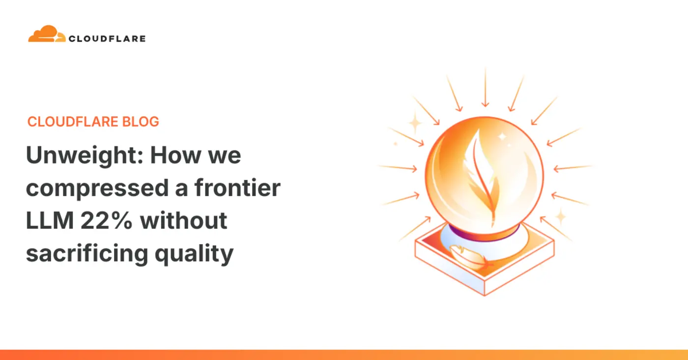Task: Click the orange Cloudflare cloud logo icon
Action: (x=47, y=34)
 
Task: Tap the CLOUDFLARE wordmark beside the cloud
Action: (x=107, y=39)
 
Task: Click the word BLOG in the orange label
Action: (x=141, y=121)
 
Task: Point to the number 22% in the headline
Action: (x=107, y=221)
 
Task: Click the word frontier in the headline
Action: (x=237, y=188)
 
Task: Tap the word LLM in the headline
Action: (x=50, y=221)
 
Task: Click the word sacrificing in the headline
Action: (x=87, y=254)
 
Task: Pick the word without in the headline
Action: (x=184, y=220)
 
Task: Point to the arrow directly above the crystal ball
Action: (x=486, y=87)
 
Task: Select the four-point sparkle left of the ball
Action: (x=415, y=123)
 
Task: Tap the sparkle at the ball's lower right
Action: (x=561, y=217)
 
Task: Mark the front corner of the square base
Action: (x=485, y=295)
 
